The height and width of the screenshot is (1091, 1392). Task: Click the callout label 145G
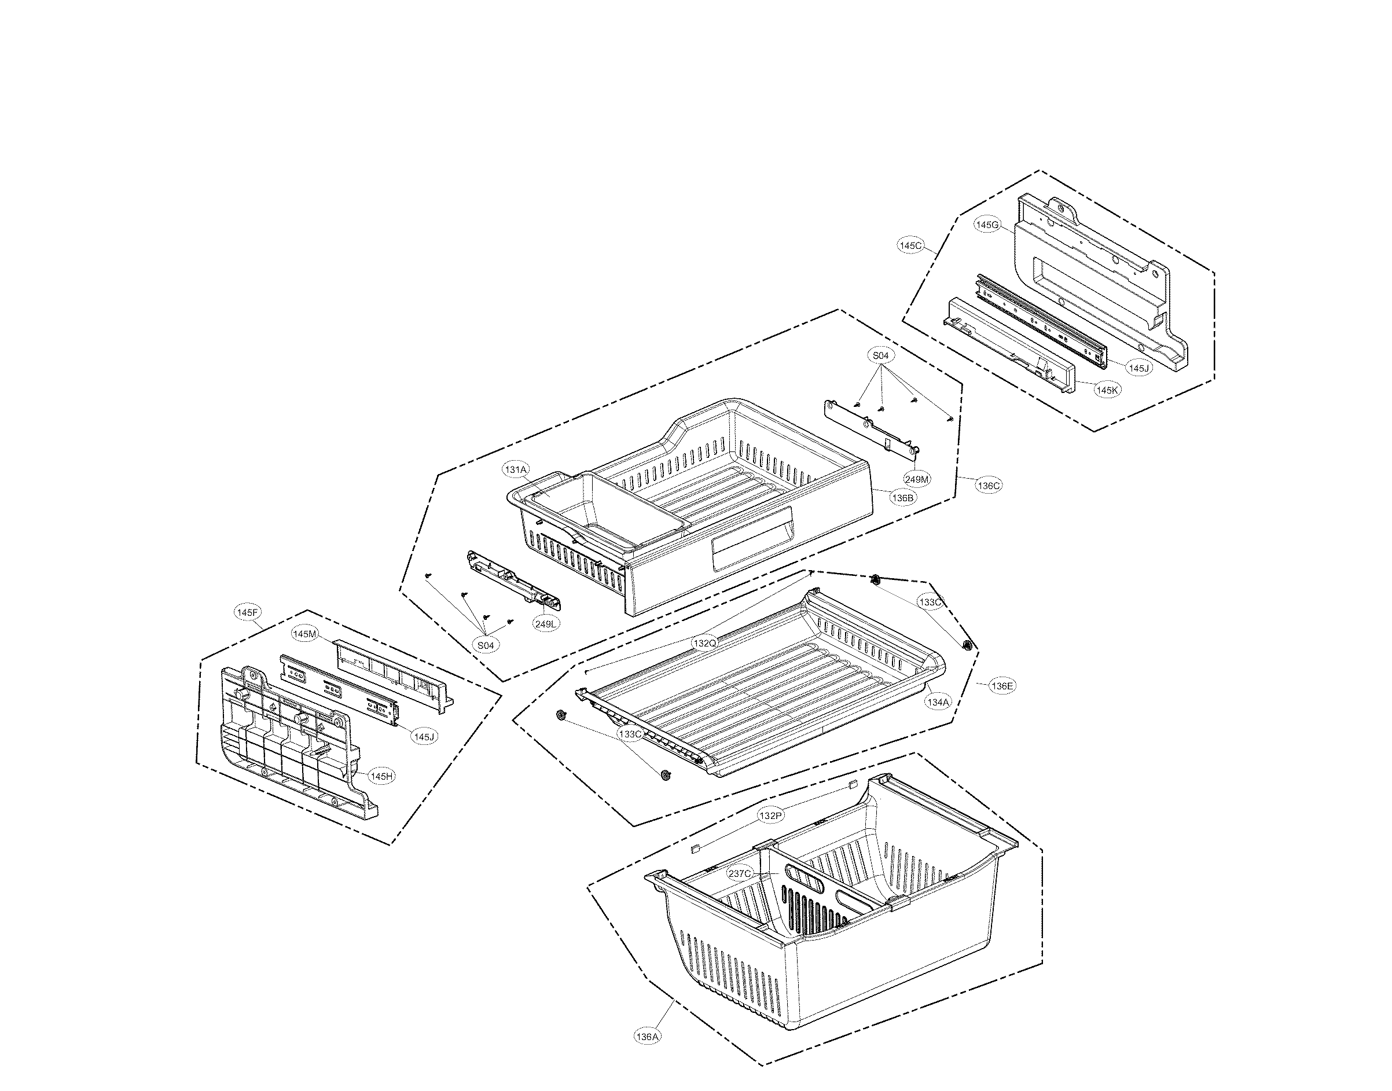(x=986, y=225)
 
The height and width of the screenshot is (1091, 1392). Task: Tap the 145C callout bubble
(x=910, y=245)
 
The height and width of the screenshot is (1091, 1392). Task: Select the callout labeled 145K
(x=1107, y=390)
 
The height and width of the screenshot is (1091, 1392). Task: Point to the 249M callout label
(x=917, y=479)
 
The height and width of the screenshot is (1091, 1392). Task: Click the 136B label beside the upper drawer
(x=903, y=498)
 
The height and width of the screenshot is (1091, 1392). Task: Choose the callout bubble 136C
(x=988, y=486)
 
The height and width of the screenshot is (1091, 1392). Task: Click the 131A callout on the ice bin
(x=516, y=470)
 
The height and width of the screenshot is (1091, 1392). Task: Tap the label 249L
(x=547, y=623)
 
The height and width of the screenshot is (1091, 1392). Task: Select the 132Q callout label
(x=704, y=642)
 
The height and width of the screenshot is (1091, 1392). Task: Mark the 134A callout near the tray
(x=938, y=702)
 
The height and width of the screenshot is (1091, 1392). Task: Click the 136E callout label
(x=1002, y=686)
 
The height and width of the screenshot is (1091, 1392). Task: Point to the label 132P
(x=770, y=816)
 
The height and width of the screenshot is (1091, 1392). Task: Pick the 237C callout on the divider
(x=740, y=874)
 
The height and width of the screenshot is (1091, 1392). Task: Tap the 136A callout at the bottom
(x=647, y=1037)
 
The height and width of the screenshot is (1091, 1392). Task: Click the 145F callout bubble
(x=247, y=612)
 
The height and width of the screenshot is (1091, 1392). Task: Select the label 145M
(x=304, y=634)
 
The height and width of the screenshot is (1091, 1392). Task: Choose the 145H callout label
(x=381, y=776)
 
